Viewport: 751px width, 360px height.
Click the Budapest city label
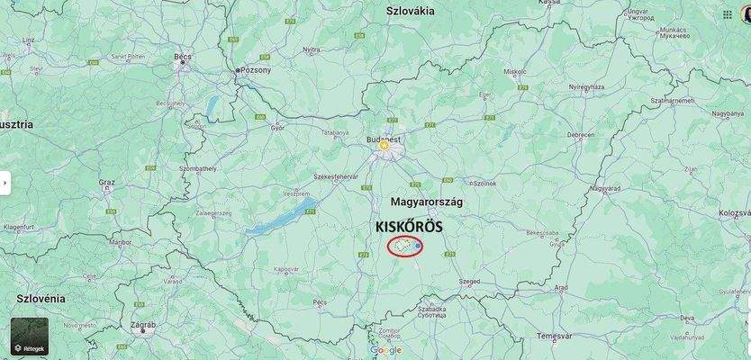pyautogui.click(x=384, y=140)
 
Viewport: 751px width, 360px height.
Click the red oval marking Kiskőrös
pyautogui.click(x=405, y=246)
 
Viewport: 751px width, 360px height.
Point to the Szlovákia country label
pyautogui.click(x=410, y=11)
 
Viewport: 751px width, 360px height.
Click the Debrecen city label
pyautogui.click(x=581, y=135)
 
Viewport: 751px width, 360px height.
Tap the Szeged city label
pyautogui.click(x=469, y=282)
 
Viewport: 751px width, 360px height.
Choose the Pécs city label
pyautogui.click(x=320, y=302)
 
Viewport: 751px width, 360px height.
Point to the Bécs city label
pyautogui.click(x=183, y=57)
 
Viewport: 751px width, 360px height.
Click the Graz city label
pyautogui.click(x=107, y=182)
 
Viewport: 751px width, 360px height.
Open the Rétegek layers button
pyautogui.click(x=30, y=336)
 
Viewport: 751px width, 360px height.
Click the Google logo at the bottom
pyautogui.click(x=385, y=350)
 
